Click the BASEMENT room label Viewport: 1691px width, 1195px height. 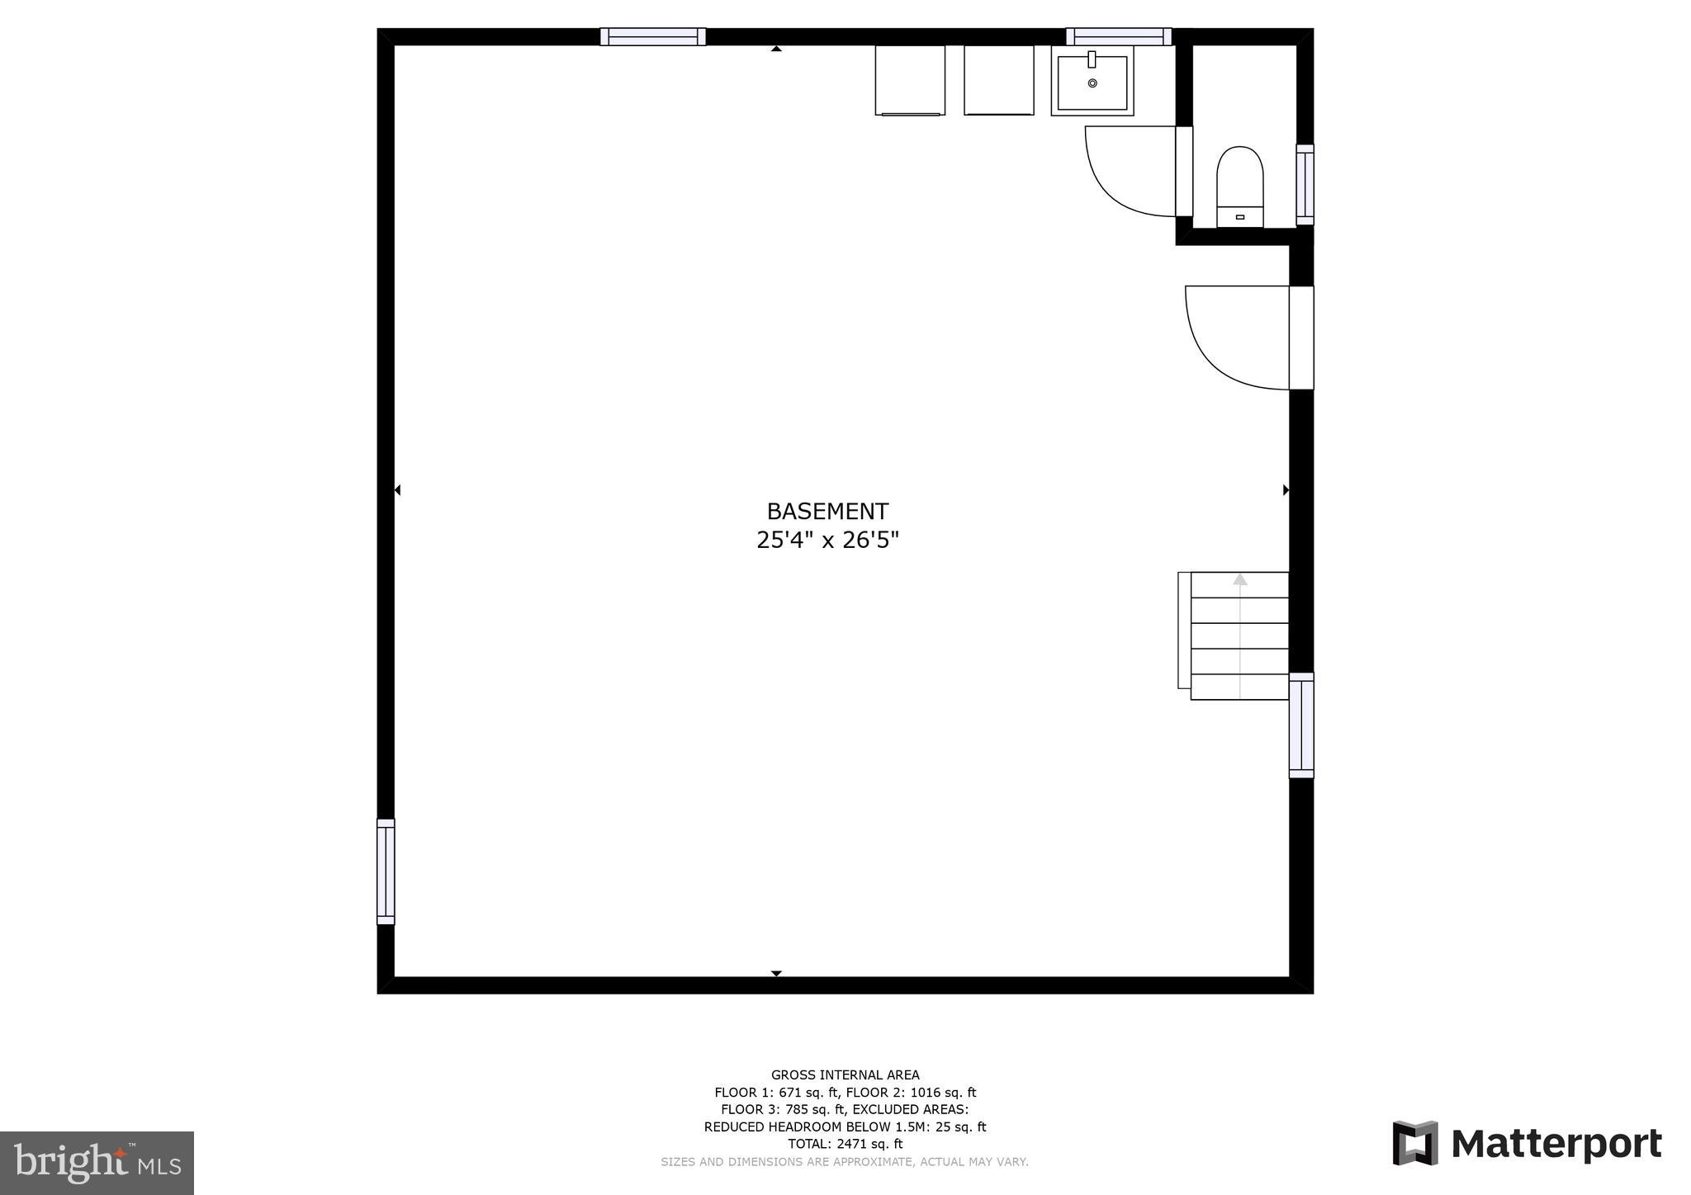point(827,512)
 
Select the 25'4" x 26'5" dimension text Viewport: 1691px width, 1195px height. point(827,541)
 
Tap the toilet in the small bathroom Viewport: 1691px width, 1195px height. point(1239,186)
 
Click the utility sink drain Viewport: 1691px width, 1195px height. point(1092,83)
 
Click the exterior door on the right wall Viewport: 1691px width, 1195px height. point(1301,338)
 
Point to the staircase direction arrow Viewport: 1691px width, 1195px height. point(1239,580)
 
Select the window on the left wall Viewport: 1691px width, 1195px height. point(386,871)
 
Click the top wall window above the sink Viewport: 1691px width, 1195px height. point(1118,36)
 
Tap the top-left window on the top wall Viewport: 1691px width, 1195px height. point(652,36)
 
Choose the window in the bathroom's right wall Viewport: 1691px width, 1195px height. point(1305,184)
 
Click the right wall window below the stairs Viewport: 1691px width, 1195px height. point(1301,725)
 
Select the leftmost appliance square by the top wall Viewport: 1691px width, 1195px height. point(910,80)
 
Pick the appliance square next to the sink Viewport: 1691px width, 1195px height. point(998,80)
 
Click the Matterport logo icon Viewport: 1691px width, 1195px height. point(1415,1143)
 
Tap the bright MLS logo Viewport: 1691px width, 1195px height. point(97,1163)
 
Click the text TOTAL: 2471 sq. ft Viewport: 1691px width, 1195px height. point(845,1144)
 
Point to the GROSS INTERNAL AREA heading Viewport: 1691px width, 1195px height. point(845,1075)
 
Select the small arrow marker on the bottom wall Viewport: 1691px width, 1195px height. point(776,974)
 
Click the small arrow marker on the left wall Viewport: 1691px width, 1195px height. point(397,490)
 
